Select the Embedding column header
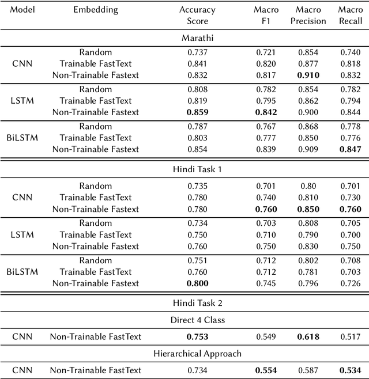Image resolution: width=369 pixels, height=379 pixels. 96,10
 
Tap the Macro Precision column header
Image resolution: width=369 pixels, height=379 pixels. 308,15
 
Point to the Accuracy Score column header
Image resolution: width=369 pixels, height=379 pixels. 197,15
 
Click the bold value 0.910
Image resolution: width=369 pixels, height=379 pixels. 308,74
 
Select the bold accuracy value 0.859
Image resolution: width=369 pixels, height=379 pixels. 197,112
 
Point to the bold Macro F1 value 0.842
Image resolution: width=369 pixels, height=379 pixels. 266,112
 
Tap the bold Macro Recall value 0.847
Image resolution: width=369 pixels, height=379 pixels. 351,149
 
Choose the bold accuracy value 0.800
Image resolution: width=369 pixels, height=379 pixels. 197,283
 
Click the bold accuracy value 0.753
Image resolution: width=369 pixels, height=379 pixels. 197,336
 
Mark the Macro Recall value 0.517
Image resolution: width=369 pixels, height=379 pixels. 351,336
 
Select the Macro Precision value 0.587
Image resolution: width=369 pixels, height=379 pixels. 308,370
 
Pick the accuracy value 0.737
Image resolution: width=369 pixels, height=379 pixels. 197,52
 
